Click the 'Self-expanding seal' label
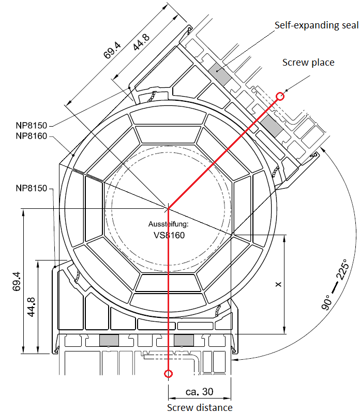pos(317,25)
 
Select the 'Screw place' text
pos(308,63)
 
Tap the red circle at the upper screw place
pos(280,96)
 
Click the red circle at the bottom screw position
pos(168,374)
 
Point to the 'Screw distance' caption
pos(200,407)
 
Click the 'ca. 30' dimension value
pos(200,392)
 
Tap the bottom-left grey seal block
pos(109,340)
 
